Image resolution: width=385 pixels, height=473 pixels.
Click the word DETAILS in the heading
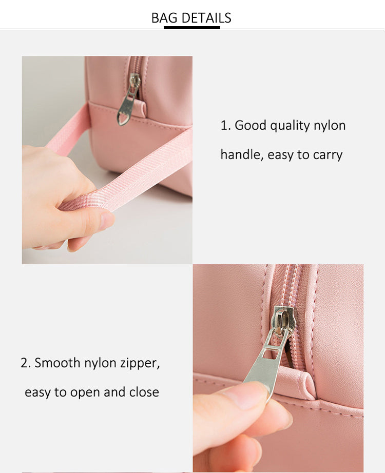[x=206, y=18]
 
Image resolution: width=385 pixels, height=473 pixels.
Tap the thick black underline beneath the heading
[x=192, y=28]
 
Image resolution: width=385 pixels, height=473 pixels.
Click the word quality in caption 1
[x=290, y=126]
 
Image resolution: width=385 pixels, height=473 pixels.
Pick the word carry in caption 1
[x=328, y=155]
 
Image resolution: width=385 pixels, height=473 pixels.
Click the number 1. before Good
[x=225, y=126]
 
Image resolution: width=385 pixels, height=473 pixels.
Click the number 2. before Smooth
[x=26, y=363]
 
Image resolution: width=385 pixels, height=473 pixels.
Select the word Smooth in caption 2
[x=57, y=363]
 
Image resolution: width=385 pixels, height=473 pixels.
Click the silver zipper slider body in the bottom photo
[x=284, y=321]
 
